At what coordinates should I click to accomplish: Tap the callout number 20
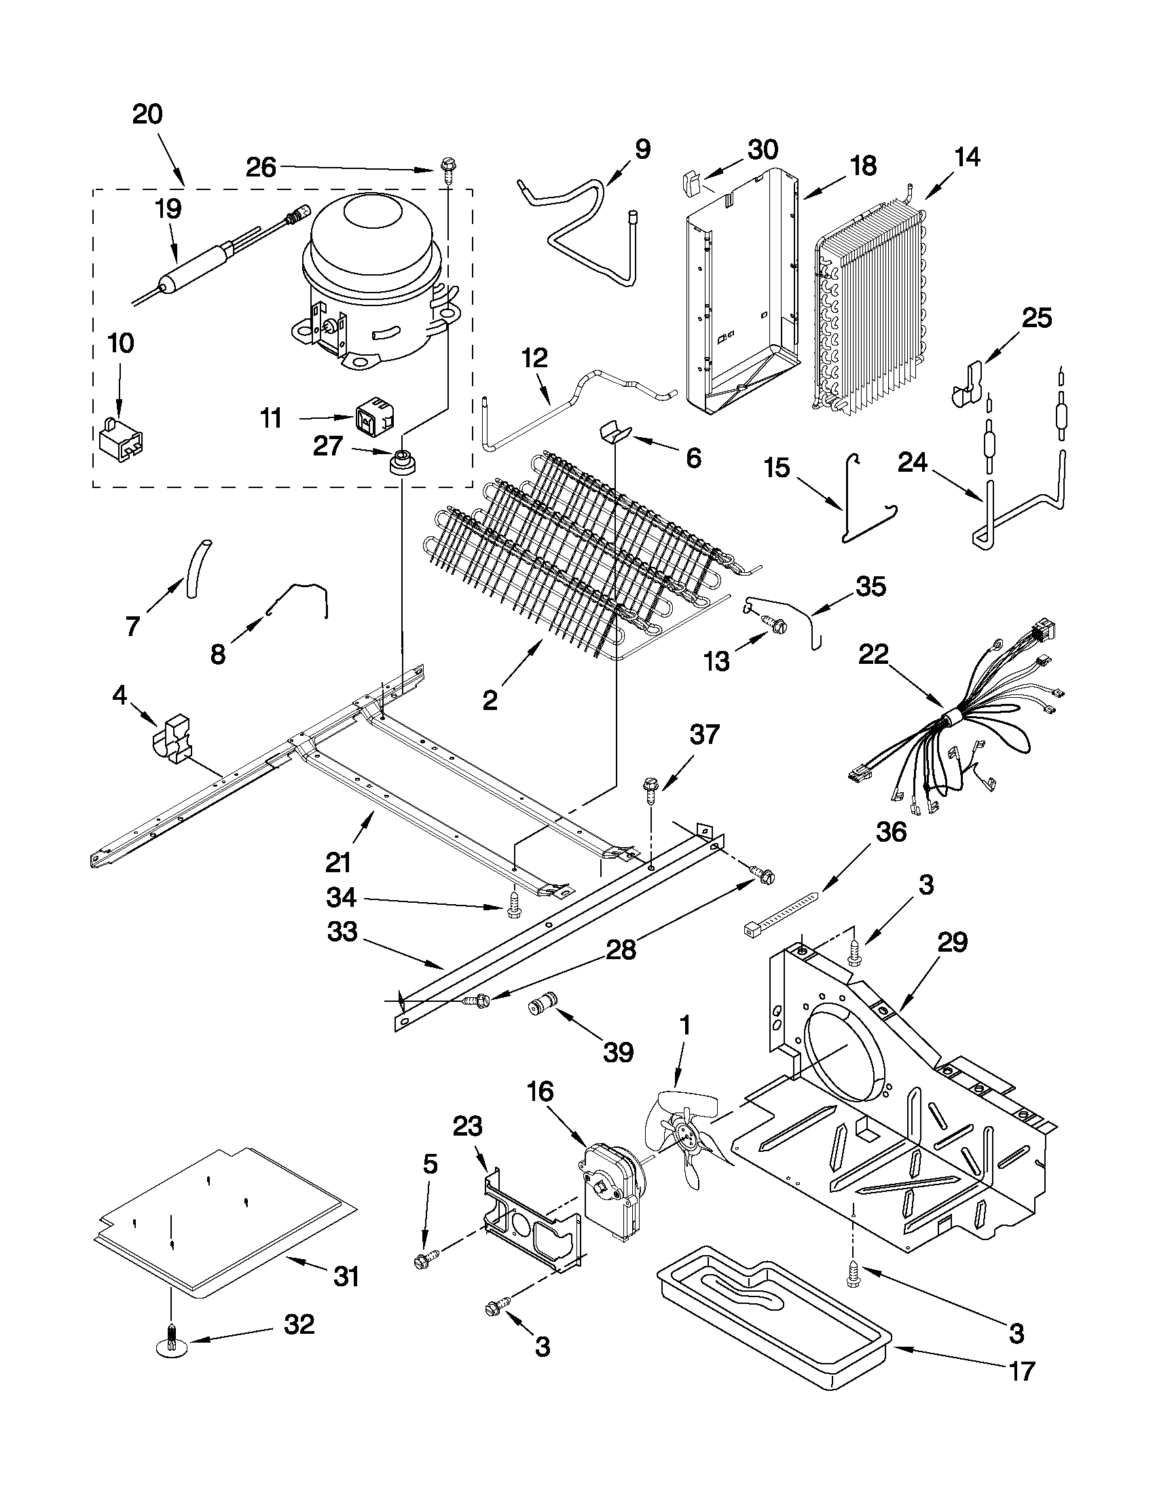147,114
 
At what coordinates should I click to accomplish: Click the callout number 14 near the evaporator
967,157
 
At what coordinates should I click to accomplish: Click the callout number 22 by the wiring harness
873,654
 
